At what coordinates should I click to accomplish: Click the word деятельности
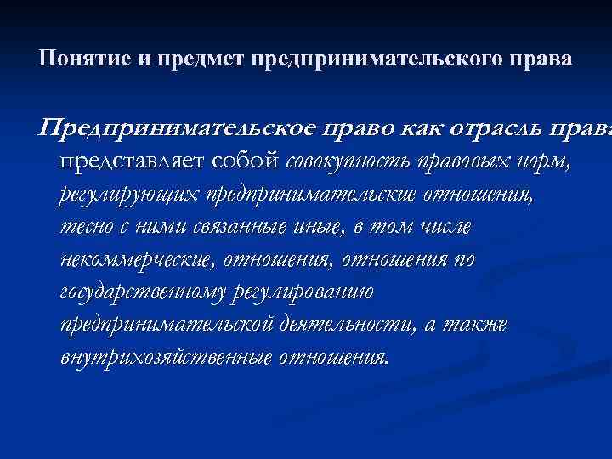(x=346, y=325)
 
